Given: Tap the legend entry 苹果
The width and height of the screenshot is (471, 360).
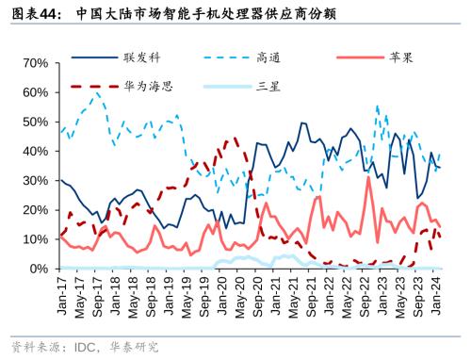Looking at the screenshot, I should (x=400, y=57).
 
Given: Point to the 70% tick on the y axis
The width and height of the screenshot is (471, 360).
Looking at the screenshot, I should (x=36, y=62).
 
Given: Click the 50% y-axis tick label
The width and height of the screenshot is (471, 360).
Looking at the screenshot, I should (x=36, y=122).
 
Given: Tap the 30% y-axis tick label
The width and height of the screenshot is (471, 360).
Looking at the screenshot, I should (x=36, y=180).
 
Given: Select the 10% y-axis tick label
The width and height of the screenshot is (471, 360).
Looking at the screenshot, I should (x=36, y=239).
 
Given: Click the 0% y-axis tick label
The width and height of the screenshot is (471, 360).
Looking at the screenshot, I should (x=40, y=269).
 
